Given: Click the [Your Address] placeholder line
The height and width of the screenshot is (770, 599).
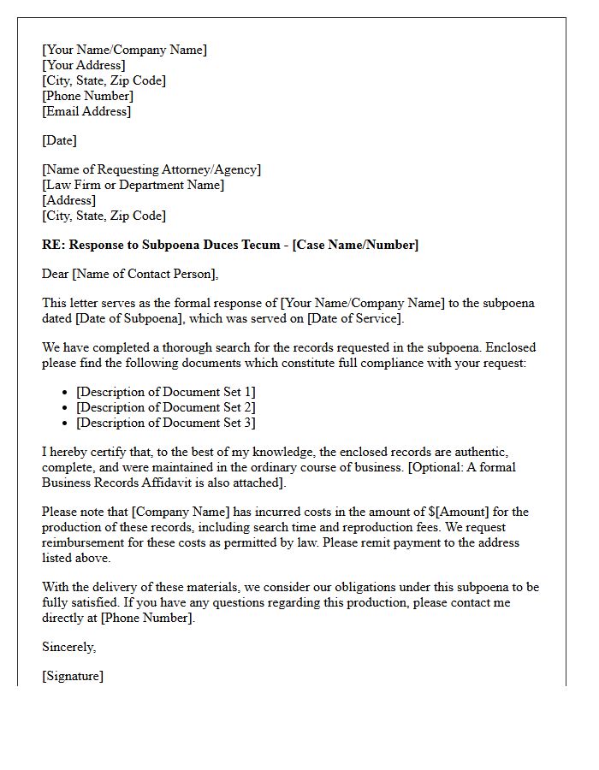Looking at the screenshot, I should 84,65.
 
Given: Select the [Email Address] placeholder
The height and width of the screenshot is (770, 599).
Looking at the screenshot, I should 86,111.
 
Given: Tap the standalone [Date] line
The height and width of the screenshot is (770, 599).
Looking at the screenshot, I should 59,140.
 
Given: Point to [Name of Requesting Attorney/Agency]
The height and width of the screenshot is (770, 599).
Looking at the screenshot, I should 151,169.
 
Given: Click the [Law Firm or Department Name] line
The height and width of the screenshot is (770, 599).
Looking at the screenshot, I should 133,185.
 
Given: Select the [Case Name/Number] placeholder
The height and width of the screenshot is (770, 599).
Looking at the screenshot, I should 355,245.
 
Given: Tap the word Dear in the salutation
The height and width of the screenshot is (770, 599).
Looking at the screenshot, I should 56,274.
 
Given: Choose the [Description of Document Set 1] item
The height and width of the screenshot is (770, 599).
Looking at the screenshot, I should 165,392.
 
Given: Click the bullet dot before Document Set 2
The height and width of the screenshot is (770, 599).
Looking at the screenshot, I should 66,408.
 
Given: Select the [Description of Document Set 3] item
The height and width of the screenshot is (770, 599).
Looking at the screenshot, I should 165,423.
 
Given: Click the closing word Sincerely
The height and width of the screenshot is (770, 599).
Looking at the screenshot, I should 68,647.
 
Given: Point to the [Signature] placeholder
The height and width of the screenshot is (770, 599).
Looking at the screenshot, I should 73,676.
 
